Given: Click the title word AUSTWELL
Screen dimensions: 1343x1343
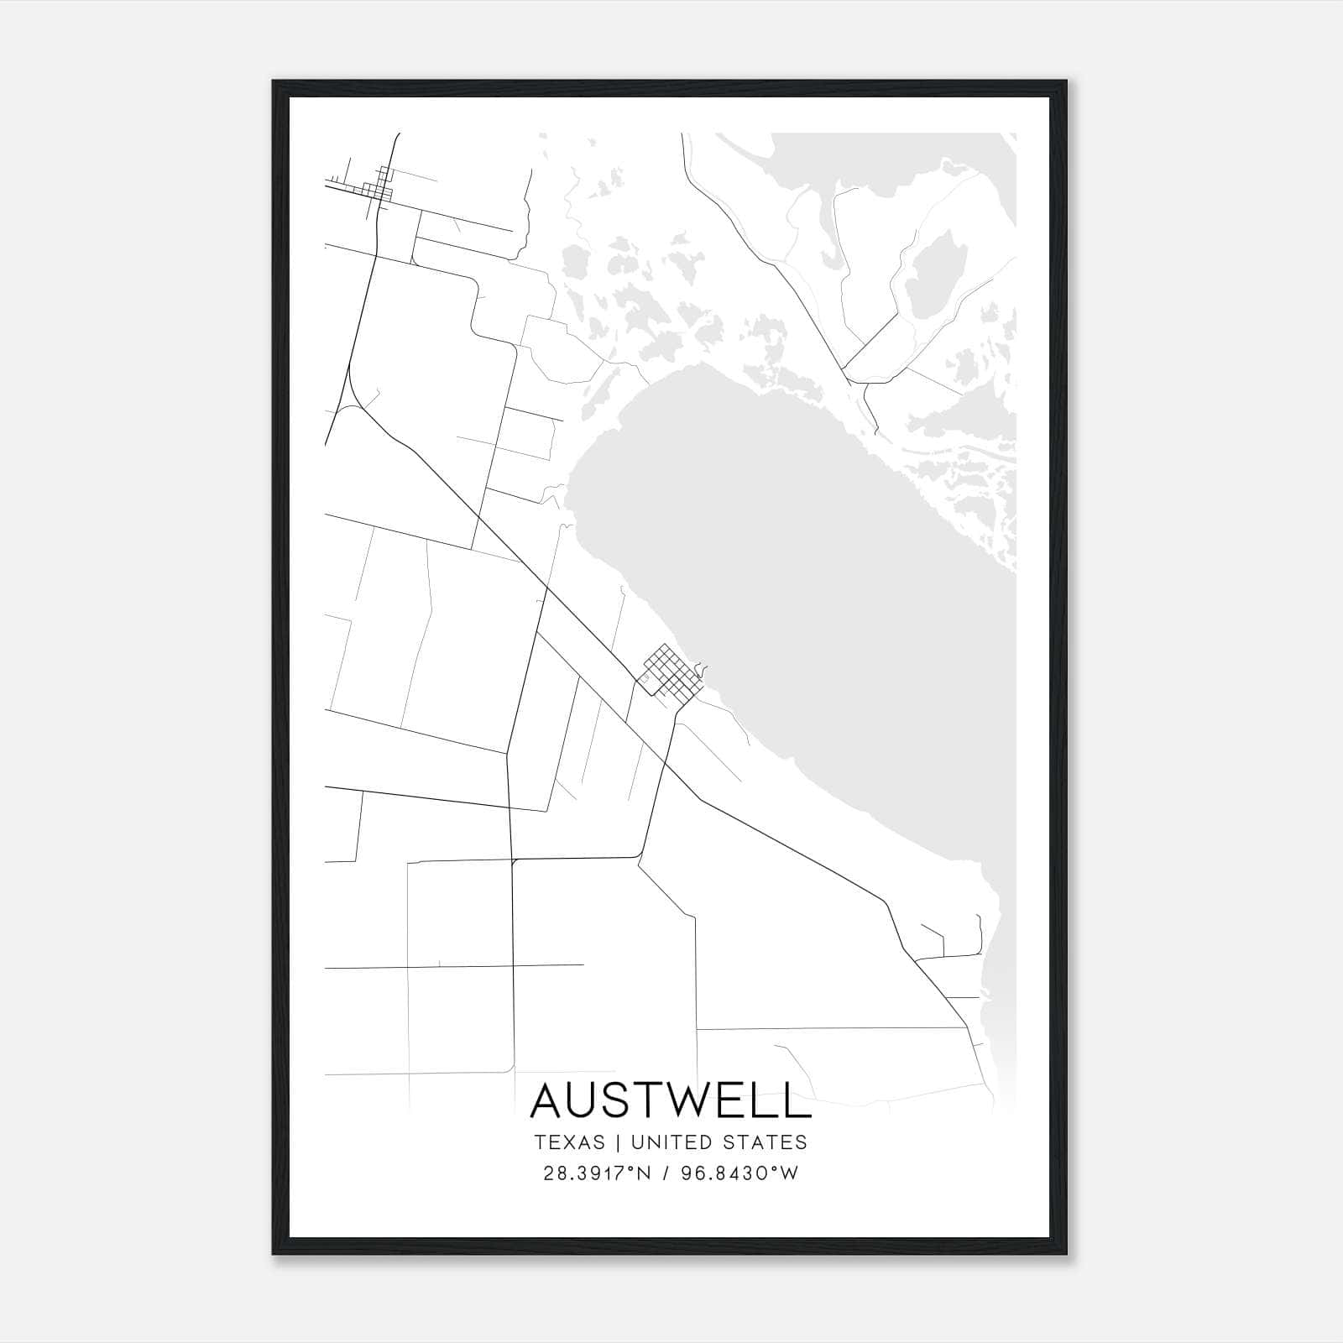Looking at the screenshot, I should (671, 1100).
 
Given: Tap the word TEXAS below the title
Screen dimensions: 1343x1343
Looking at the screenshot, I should (569, 1142).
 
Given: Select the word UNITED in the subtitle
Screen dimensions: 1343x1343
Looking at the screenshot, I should (671, 1142).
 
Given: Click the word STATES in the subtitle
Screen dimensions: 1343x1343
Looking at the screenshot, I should (764, 1142).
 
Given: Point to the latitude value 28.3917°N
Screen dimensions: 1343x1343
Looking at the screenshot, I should (597, 1173).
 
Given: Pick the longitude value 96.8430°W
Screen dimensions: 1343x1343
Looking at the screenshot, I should (741, 1173).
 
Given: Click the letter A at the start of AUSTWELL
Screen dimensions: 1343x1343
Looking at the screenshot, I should (550, 1100).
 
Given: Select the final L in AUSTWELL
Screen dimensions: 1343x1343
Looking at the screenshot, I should (797, 1100).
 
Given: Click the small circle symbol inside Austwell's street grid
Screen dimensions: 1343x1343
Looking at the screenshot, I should (647, 677).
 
